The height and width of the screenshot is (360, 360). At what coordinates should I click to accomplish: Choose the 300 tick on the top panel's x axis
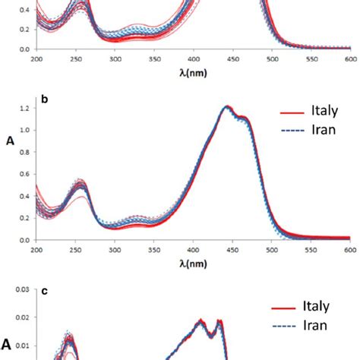pyautogui.click(x=115, y=58)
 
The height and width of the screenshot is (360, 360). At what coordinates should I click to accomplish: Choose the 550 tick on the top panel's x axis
pyautogui.click(x=310, y=58)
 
